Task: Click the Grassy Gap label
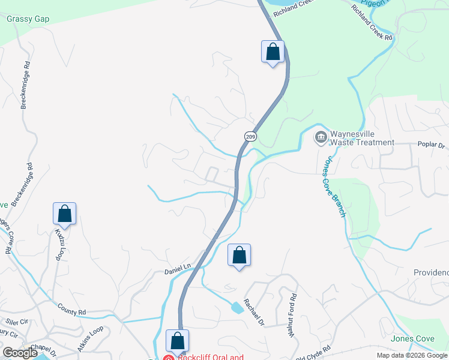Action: [28, 19]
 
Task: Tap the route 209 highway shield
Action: [250, 136]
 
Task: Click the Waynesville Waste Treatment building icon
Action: [321, 138]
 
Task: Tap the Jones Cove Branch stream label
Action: [335, 187]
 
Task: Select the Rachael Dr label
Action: [253, 312]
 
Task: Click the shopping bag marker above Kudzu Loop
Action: [64, 214]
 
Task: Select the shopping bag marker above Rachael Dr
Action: [239, 256]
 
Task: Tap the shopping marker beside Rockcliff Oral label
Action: [178, 341]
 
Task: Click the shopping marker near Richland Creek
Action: [273, 52]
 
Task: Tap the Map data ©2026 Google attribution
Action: [412, 355]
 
